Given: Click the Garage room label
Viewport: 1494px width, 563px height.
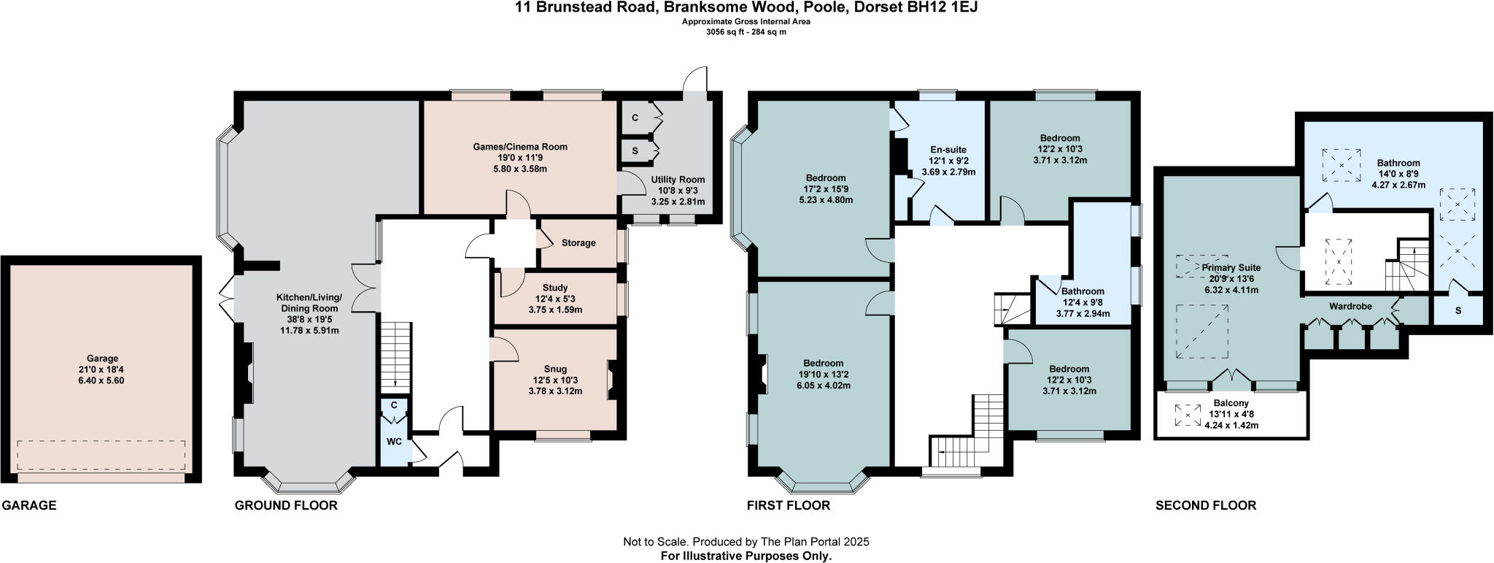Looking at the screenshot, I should click(x=102, y=359).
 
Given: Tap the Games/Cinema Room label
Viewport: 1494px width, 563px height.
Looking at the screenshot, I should click(x=519, y=147).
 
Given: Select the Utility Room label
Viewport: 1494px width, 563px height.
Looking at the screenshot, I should click(x=678, y=180).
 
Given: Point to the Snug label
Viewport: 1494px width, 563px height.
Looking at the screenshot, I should click(x=554, y=369).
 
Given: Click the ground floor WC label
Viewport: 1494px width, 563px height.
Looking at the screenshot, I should click(x=394, y=442).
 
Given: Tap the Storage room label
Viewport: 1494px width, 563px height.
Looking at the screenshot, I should click(x=578, y=243).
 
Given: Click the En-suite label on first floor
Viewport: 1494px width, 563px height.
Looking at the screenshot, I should click(x=948, y=150).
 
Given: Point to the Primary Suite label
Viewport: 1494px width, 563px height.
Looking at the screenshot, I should click(x=1231, y=268).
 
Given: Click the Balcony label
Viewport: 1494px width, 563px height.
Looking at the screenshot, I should click(x=1231, y=403).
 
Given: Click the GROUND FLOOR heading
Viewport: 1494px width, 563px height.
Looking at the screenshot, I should click(x=286, y=505).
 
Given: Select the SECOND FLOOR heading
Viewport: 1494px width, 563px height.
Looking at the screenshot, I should click(x=1206, y=505).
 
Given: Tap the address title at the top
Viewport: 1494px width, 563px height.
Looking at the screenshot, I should click(x=746, y=8).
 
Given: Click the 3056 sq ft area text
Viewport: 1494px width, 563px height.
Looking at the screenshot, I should click(x=746, y=31).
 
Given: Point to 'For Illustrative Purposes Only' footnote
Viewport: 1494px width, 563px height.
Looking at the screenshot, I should click(x=746, y=556).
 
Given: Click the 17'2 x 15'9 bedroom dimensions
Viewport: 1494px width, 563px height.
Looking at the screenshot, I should click(x=826, y=188).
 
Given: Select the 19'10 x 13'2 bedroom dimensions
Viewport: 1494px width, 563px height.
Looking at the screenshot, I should click(x=823, y=375).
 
